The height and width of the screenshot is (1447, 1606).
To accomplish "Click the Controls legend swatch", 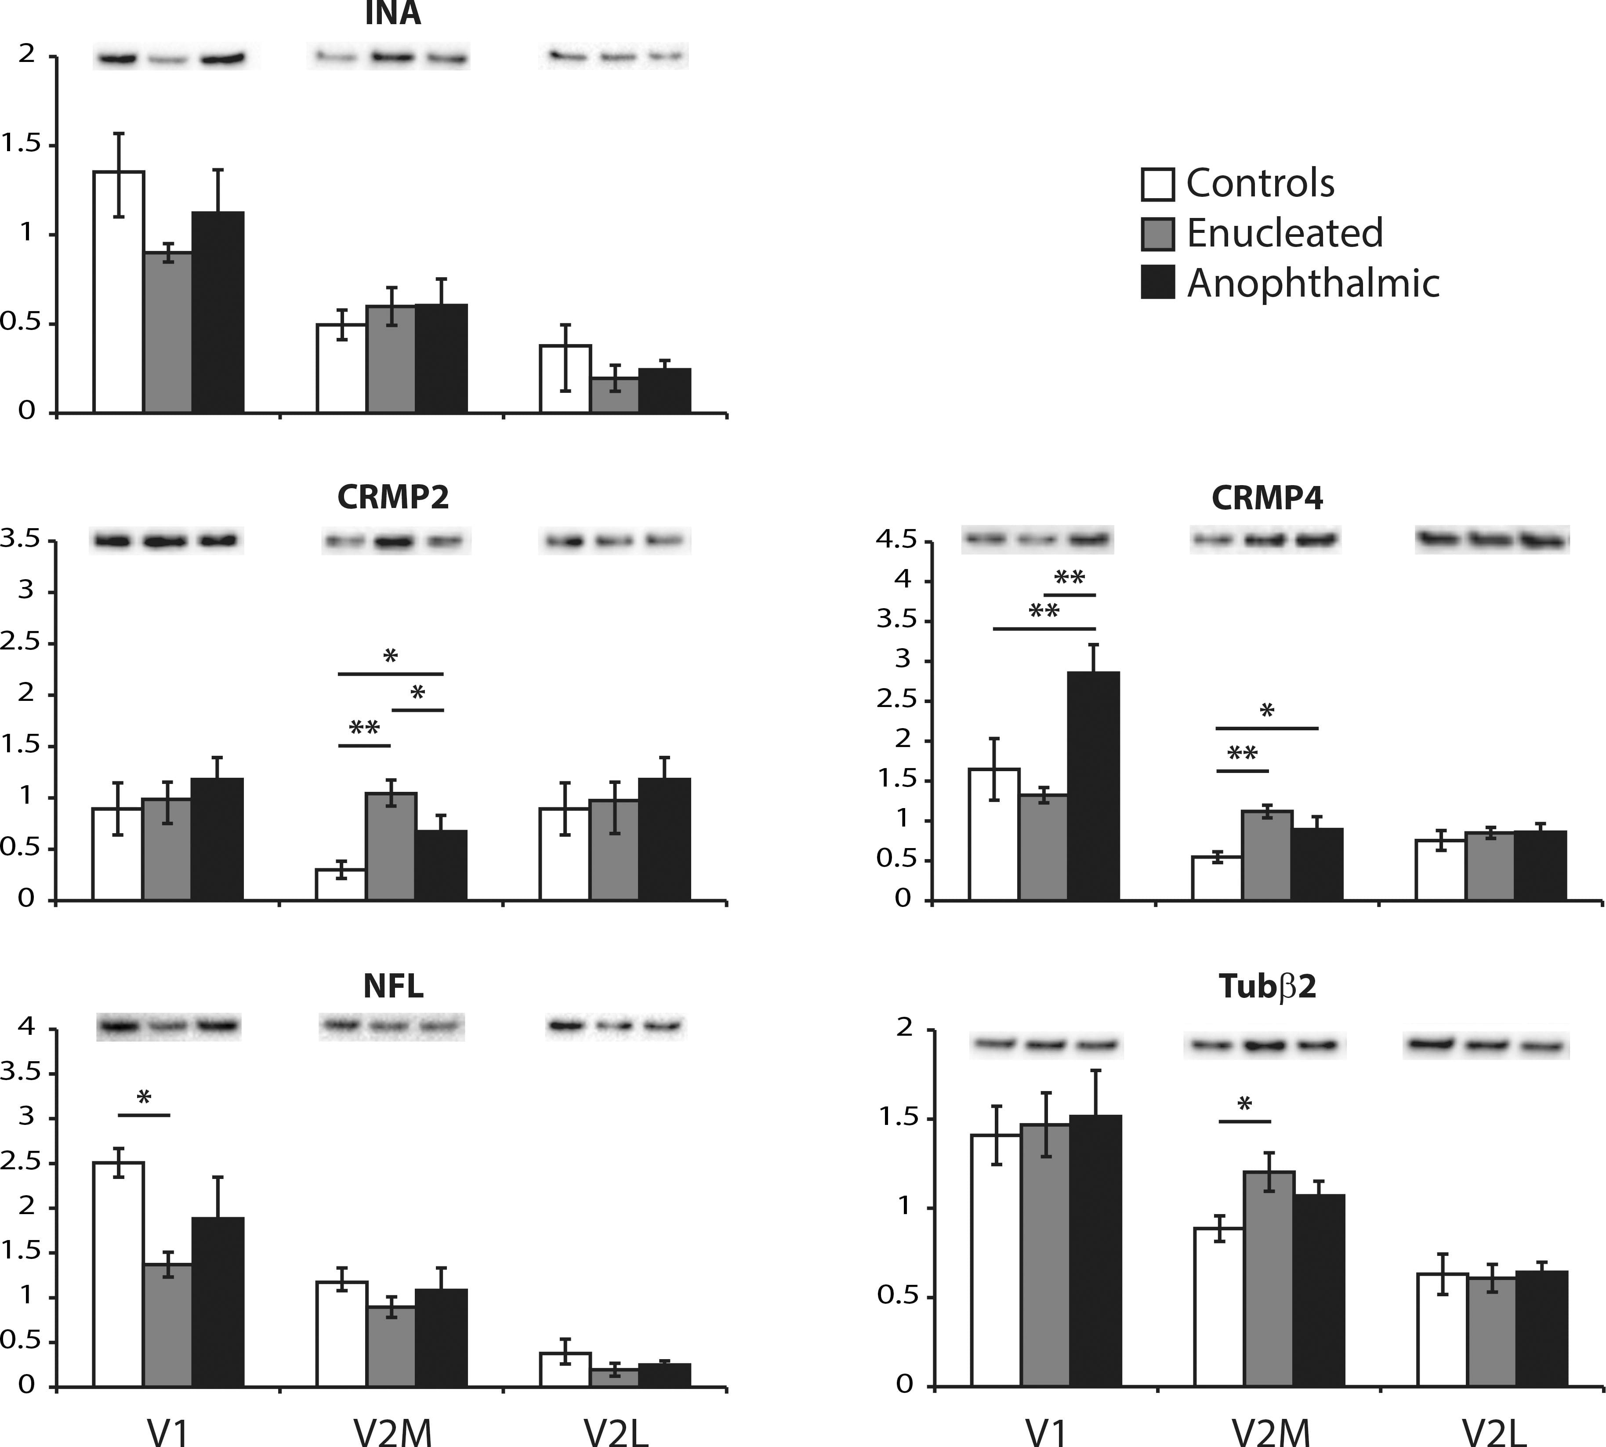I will pos(1157,184).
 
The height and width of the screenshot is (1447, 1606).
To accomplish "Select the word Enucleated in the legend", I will pos(1284,233).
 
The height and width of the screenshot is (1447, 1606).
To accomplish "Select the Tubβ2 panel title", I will pos(1267,986).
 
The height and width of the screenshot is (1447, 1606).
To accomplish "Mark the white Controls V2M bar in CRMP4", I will pos(1216,878).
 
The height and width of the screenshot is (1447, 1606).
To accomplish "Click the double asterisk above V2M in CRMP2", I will pos(364,728).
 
